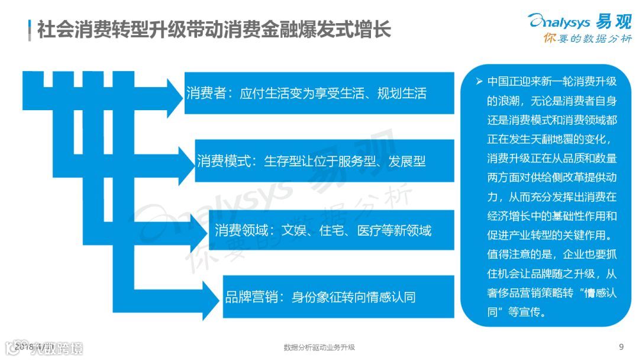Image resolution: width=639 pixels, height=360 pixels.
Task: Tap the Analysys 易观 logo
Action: [580, 21]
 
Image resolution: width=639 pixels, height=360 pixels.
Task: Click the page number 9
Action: [621, 346]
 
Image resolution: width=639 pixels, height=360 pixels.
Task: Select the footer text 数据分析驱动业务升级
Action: [319, 347]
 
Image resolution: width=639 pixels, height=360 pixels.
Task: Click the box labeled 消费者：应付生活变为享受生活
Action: [319, 93]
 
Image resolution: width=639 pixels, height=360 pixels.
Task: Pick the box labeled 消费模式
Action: [324, 160]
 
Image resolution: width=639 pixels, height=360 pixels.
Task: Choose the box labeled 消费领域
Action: [331, 230]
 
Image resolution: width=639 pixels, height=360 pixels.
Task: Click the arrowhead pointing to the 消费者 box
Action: [175, 94]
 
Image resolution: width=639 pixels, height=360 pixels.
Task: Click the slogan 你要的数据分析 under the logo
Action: [587, 39]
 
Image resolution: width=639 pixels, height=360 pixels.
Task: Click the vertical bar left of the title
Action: [30, 30]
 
